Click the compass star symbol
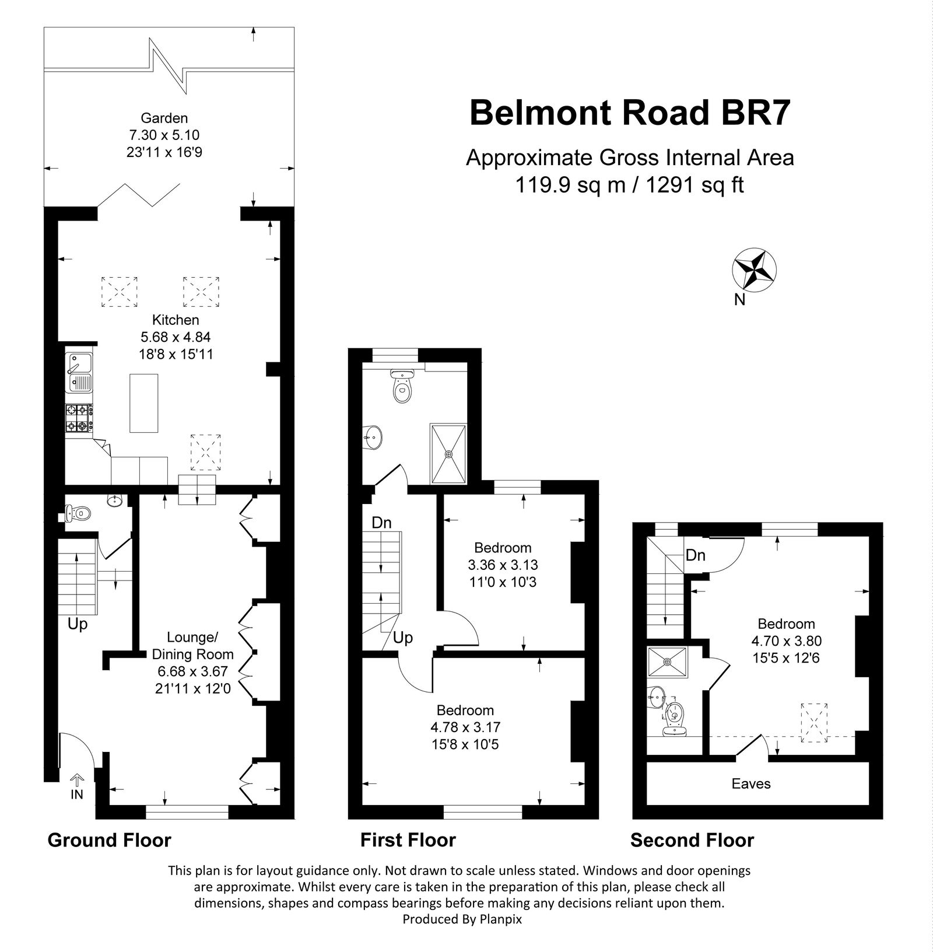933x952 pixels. pyautogui.click(x=753, y=269)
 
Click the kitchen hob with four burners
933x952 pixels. pyautogui.click(x=78, y=418)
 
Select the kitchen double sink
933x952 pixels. pyautogui.click(x=78, y=372)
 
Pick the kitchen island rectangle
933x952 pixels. pyautogui.click(x=144, y=403)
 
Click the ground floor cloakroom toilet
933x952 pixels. pyautogui.click(x=80, y=513)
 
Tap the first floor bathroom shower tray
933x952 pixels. pyautogui.click(x=448, y=454)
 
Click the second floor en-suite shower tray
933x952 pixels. pyautogui.click(x=668, y=662)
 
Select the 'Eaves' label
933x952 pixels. pyautogui.click(x=751, y=783)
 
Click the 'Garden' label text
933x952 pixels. pyautogui.click(x=164, y=118)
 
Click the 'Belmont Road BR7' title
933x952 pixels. pyautogui.click(x=630, y=112)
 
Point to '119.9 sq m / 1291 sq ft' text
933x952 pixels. pyautogui.click(x=629, y=185)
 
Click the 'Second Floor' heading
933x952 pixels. pyautogui.click(x=692, y=840)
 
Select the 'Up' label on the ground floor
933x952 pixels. pyautogui.click(x=78, y=624)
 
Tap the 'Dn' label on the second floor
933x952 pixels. pyautogui.click(x=695, y=555)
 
